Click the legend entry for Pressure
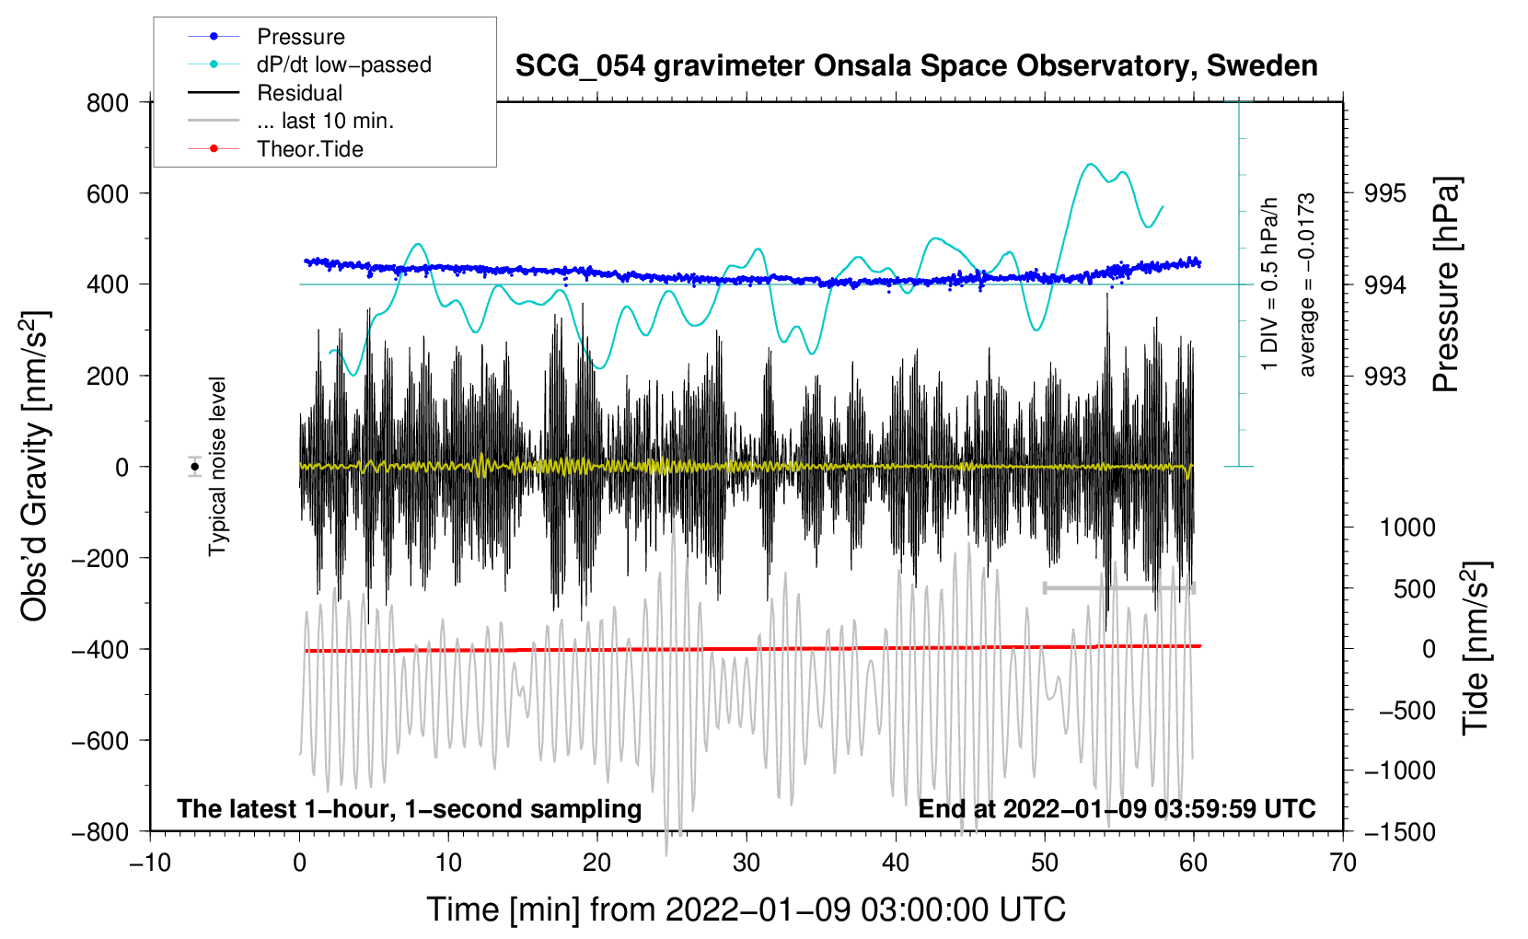coord(300,37)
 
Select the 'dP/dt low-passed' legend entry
coord(343,64)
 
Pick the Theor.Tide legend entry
coord(309,149)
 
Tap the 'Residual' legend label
coord(299,93)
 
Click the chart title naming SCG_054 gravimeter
coord(916,66)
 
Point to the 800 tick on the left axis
coord(108,102)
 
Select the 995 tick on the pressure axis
coord(1386,193)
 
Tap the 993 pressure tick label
coord(1386,376)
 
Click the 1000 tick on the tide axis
coord(1407,527)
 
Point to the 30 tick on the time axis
coord(747,863)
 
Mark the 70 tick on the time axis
coord(1343,863)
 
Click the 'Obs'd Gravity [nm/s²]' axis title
coord(35,467)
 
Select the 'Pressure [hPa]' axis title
coord(1446,285)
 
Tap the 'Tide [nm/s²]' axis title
coord(1476,647)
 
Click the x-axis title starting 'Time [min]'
coord(746,910)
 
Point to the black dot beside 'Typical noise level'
coord(194,467)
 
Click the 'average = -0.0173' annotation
coord(1307,285)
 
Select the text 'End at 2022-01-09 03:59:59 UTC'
coord(1117,808)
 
